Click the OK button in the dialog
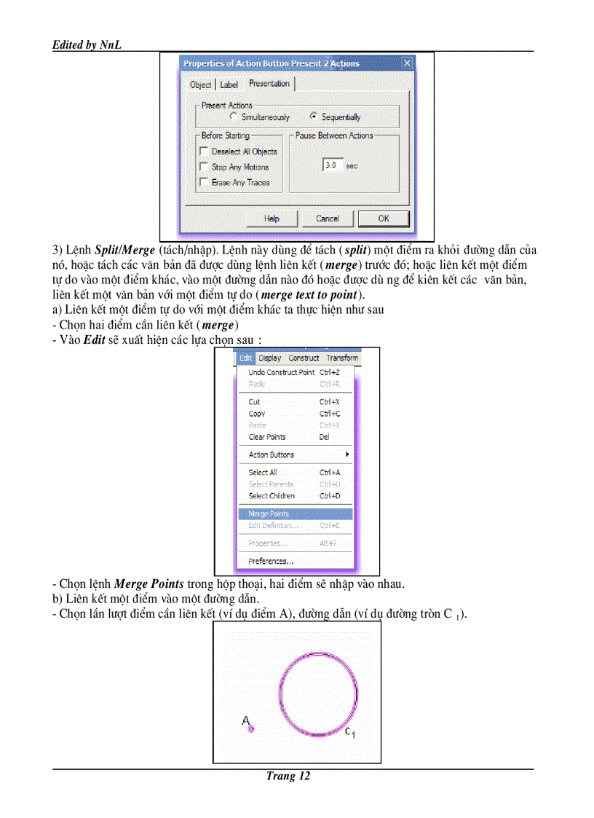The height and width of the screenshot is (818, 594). tap(383, 219)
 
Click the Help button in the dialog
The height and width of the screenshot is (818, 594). tap(272, 219)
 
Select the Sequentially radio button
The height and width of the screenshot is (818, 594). tap(314, 117)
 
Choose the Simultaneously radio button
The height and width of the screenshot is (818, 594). tap(233, 117)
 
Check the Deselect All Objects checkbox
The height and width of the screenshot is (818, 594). tap(204, 152)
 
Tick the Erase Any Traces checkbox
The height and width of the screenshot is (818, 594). tap(204, 183)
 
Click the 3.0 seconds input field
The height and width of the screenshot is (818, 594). tap(332, 165)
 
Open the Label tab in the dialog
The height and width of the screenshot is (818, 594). tap(229, 84)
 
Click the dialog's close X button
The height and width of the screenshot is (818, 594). tap(407, 63)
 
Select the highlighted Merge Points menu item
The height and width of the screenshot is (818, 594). tap(269, 514)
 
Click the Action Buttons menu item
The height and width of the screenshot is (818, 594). tap(272, 455)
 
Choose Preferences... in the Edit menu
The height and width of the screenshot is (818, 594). tap(271, 561)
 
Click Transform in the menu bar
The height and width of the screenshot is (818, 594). tap(342, 358)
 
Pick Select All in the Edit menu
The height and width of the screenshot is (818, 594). tap(263, 472)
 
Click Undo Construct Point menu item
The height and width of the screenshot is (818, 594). tap(282, 372)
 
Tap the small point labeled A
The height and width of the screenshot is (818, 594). tap(251, 729)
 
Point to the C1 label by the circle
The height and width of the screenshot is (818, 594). tap(349, 732)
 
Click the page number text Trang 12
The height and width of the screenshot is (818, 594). tap(288, 776)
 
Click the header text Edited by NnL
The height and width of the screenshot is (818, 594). tap(87, 45)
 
